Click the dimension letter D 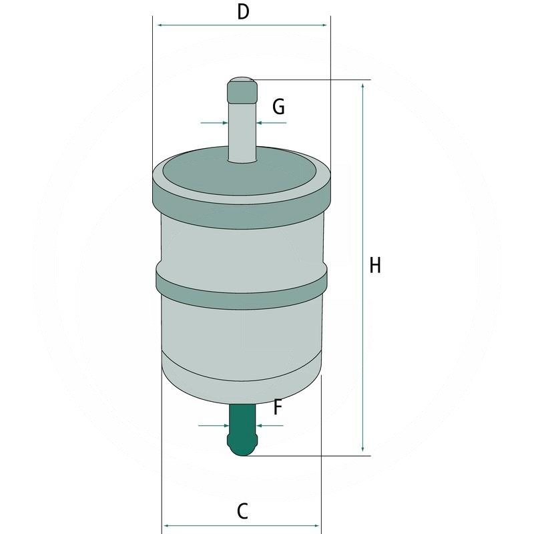point(244,11)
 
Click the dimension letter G point(279,107)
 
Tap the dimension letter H point(375,266)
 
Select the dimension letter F point(278,407)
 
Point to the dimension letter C point(243,511)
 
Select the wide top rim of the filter point(242,190)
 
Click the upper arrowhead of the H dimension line point(362,86)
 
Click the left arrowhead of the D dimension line point(160,25)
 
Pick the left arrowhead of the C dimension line point(168,525)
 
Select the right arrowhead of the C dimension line point(317,525)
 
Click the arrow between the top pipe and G point(261,123)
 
